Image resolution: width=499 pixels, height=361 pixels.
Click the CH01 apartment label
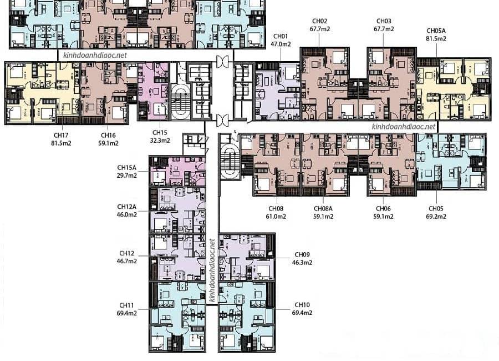pyautogui.click(x=281, y=36)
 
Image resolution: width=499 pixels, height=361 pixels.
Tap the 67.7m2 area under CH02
pyautogui.click(x=319, y=29)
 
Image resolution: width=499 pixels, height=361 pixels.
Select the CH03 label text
pyautogui.click(x=384, y=21)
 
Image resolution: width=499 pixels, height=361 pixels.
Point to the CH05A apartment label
pyautogui.click(x=436, y=31)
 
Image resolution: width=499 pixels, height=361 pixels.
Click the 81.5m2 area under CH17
pyautogui.click(x=61, y=143)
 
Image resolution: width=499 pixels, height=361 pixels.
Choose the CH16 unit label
pyautogui.click(x=108, y=135)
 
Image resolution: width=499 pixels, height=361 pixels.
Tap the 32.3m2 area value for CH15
pyautogui.click(x=160, y=141)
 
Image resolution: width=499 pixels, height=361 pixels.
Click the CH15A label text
pyautogui.click(x=126, y=167)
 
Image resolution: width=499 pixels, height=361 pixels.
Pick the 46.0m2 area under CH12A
pyautogui.click(x=126, y=214)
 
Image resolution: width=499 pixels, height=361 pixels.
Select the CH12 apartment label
pyautogui.click(x=126, y=253)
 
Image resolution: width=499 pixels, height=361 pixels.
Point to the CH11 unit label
pyautogui.click(x=126, y=305)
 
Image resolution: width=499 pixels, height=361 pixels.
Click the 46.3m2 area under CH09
pyautogui.click(x=302, y=263)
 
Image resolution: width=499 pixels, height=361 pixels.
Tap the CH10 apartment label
pyautogui.click(x=302, y=305)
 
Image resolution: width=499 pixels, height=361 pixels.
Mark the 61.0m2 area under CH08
pyautogui.click(x=276, y=217)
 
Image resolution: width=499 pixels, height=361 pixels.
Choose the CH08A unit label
pyautogui.click(x=323, y=209)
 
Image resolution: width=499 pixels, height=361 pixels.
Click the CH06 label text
pyautogui.click(x=383, y=209)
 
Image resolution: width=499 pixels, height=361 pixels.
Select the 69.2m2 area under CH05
pyautogui.click(x=436, y=217)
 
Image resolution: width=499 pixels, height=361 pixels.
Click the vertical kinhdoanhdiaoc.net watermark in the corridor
pyautogui.click(x=212, y=271)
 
